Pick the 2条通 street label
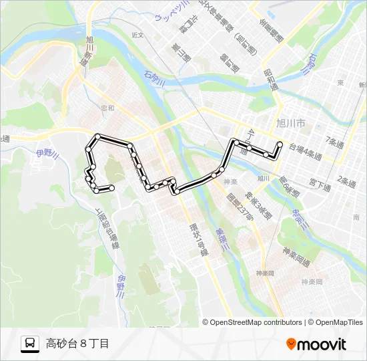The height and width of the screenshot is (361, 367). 348,181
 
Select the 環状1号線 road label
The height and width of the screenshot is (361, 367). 198,240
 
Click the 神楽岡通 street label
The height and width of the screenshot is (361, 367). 296,253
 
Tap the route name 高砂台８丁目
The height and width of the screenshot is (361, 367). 77,344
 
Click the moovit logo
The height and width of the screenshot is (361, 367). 316,344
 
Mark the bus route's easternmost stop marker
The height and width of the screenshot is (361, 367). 280,144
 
